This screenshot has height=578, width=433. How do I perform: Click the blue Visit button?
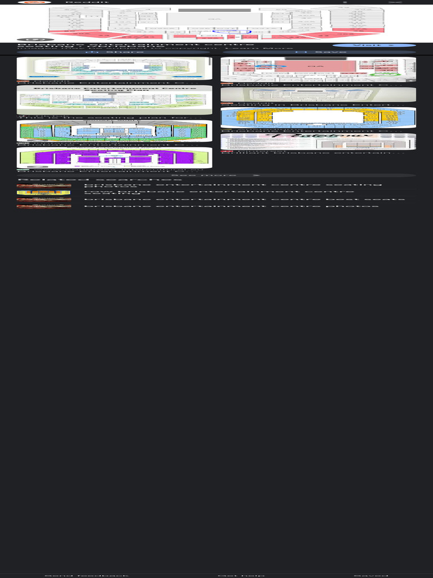click(374, 45)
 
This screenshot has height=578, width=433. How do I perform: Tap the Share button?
click(114, 52)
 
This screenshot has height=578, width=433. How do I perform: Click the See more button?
click(216, 176)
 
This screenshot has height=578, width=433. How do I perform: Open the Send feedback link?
click(86, 575)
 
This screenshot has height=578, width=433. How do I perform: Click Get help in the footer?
click(241, 575)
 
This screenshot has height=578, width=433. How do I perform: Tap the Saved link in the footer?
click(370, 575)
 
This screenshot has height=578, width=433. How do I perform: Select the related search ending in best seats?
click(244, 199)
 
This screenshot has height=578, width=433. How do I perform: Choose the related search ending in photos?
click(231, 207)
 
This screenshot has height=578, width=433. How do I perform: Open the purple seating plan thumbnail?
click(114, 157)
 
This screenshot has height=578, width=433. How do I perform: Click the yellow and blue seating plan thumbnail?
click(318, 117)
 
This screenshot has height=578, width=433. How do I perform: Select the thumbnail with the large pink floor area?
click(318, 69)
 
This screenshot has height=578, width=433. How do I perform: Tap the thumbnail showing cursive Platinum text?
click(318, 141)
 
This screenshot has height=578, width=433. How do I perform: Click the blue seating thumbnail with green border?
click(114, 130)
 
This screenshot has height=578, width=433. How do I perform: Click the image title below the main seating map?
click(135, 44)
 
